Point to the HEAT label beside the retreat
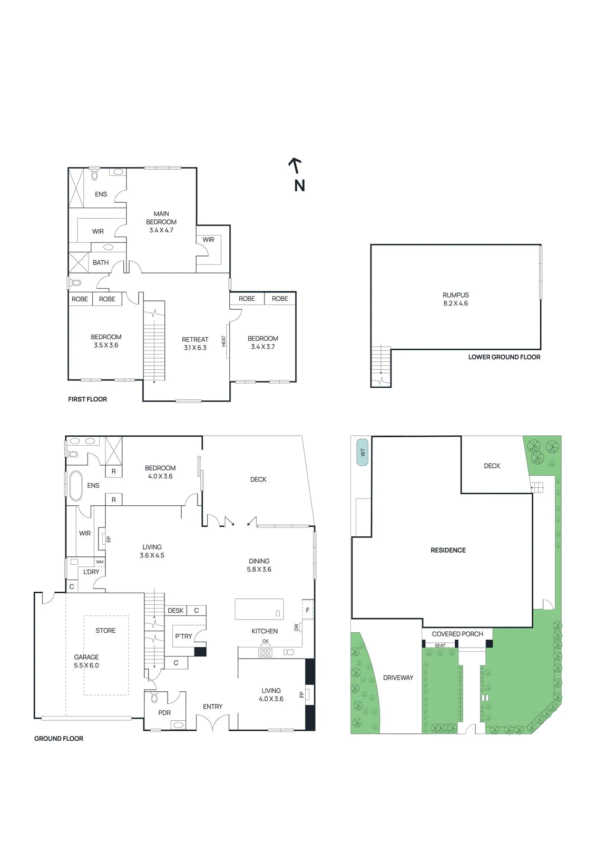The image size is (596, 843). pyautogui.click(x=223, y=341)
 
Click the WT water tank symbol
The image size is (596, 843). pyautogui.click(x=362, y=453)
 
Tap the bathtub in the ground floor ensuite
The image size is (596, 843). pyautogui.click(x=76, y=485)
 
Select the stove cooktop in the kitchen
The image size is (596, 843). pyautogui.click(x=265, y=652)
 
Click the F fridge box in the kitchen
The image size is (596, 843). pyautogui.click(x=308, y=610)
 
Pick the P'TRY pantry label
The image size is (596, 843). pyautogui.click(x=183, y=636)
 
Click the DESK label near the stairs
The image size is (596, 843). pyautogui.click(x=175, y=611)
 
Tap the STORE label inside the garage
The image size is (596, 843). pyautogui.click(x=105, y=631)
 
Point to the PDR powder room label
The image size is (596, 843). pyautogui.click(x=164, y=713)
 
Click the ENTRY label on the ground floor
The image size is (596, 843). pyautogui.click(x=212, y=707)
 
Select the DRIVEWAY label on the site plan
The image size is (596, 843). pyautogui.click(x=398, y=678)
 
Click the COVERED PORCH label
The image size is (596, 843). pyautogui.click(x=457, y=634)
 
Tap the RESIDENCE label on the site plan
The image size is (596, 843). pyautogui.click(x=448, y=550)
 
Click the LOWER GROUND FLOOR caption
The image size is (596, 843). pyautogui.click(x=504, y=357)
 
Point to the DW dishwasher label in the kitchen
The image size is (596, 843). pyautogui.click(x=296, y=628)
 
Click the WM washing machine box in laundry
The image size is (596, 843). pyautogui.click(x=100, y=562)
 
